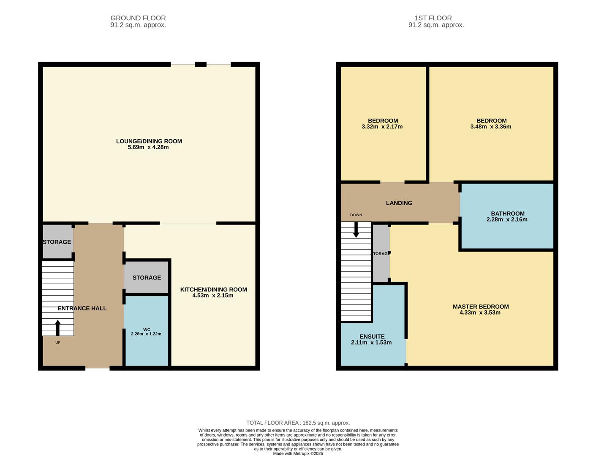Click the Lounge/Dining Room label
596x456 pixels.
(149, 141)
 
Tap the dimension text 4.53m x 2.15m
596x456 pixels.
(212, 295)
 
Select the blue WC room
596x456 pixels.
(147, 331)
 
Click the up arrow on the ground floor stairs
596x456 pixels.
(57, 328)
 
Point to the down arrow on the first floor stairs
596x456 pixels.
(356, 230)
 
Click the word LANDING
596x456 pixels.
(399, 203)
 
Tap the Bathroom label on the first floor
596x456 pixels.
(507, 214)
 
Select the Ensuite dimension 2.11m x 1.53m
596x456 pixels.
(371, 342)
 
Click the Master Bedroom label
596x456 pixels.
(481, 307)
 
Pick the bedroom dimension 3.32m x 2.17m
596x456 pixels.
(382, 127)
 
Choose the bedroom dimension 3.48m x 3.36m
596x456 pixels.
(491, 127)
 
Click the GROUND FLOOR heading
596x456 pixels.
(138, 18)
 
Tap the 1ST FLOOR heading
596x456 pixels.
(433, 18)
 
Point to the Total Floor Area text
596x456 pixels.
(298, 423)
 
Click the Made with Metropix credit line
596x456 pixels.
(298, 453)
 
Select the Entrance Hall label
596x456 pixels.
(82, 308)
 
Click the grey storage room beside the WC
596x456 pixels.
(147, 277)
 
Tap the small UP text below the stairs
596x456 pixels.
(57, 342)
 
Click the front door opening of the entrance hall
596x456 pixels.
(98, 368)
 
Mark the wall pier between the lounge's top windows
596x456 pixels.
(201, 64)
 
